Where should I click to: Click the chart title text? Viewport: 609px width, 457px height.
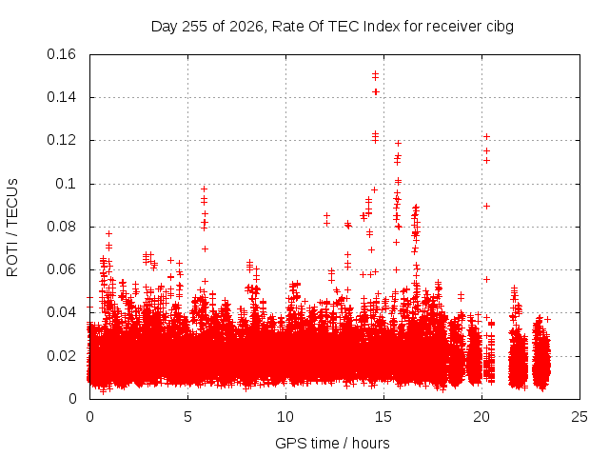(x=332, y=27)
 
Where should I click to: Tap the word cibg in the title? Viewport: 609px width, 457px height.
(x=500, y=27)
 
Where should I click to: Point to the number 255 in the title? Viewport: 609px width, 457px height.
(x=195, y=27)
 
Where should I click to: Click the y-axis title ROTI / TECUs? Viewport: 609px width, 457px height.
(x=12, y=228)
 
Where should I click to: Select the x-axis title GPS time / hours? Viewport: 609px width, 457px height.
(x=332, y=443)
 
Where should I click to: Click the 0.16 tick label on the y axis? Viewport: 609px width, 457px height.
(x=61, y=54)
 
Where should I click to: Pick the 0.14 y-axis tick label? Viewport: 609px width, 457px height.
(x=61, y=97)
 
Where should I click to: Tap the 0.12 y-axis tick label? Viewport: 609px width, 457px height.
(x=61, y=140)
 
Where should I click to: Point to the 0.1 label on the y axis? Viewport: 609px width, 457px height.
(x=66, y=184)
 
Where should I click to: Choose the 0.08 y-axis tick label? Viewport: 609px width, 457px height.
(x=61, y=227)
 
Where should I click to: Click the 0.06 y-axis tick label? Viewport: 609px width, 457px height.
(x=61, y=269)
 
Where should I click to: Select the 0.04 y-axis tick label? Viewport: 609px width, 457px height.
(x=61, y=312)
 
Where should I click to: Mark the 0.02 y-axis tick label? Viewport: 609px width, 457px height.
(x=61, y=356)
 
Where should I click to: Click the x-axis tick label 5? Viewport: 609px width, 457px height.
(x=188, y=417)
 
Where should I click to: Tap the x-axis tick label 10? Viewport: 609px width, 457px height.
(x=285, y=417)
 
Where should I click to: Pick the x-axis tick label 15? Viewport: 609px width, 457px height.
(x=383, y=417)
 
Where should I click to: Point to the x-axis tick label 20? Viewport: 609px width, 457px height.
(x=481, y=417)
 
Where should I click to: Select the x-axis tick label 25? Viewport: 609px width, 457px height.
(x=580, y=417)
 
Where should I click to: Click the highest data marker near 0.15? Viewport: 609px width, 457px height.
(x=375, y=73)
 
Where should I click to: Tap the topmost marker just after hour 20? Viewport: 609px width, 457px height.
(x=486, y=136)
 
